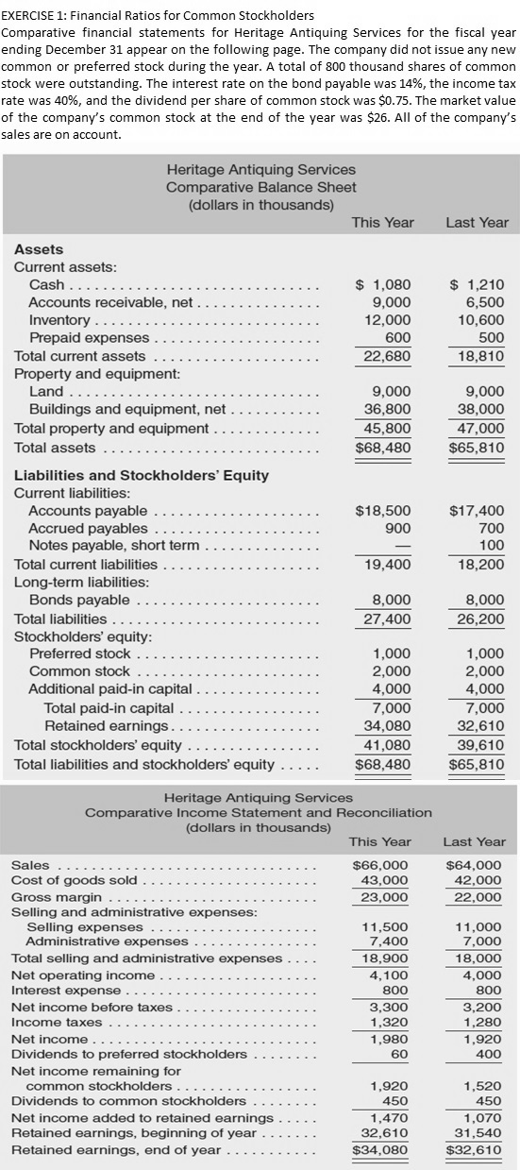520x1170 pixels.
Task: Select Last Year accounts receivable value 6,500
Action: [485, 302]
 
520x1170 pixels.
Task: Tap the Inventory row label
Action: [59, 320]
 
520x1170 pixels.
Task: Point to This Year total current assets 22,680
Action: [387, 356]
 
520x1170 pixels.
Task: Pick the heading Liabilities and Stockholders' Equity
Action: [142, 475]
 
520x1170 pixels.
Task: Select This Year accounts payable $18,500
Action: [382, 511]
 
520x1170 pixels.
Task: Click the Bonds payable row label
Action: [79, 600]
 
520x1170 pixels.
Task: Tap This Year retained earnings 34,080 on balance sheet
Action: [387, 725]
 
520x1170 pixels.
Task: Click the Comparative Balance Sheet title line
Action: [260, 187]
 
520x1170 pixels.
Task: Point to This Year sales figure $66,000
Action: [380, 864]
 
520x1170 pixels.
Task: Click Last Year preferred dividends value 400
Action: [492, 1054]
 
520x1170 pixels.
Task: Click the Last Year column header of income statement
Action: [474, 841]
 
